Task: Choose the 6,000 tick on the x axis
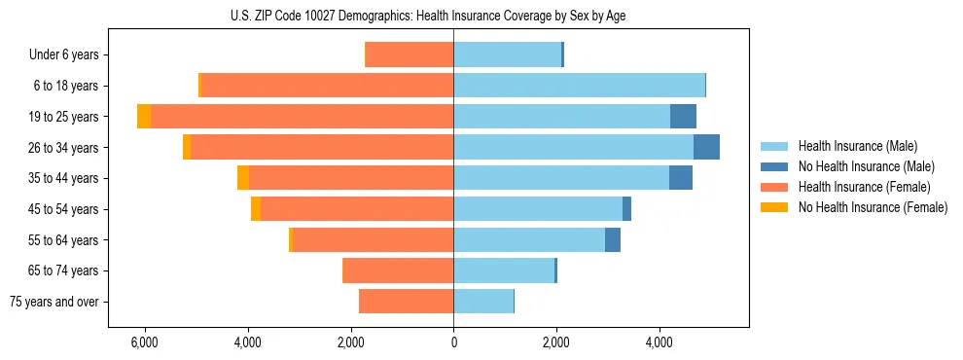click(144, 343)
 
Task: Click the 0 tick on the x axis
click(453, 343)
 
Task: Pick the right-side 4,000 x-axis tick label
click(660, 343)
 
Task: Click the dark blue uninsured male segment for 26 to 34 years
click(706, 147)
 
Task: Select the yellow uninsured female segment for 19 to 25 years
click(144, 117)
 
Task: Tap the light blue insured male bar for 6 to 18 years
click(579, 86)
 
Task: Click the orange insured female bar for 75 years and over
click(406, 302)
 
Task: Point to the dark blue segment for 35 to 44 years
click(681, 178)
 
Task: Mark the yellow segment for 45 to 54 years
click(256, 209)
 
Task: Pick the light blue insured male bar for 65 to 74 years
click(504, 270)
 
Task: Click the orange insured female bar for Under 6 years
click(410, 54)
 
